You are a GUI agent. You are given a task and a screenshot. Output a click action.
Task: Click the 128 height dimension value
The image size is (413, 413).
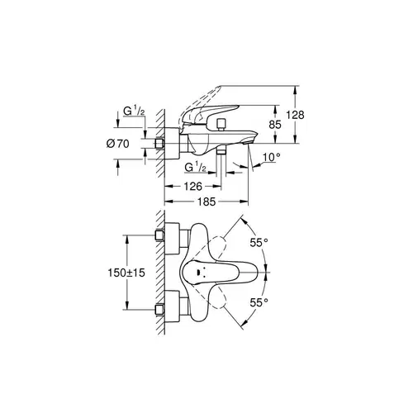[x=306, y=114]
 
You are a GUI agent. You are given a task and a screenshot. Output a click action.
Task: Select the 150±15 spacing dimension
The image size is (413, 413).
[x=127, y=271]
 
